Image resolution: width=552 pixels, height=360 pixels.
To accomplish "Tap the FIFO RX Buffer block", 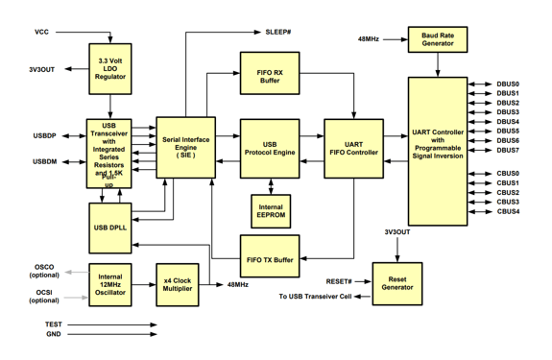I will (x=270, y=74).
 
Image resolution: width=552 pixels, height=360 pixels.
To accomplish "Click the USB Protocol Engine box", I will (x=270, y=149).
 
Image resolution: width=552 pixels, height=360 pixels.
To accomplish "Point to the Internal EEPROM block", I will (x=270, y=209).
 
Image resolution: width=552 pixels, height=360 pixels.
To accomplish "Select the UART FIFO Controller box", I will (x=352, y=149).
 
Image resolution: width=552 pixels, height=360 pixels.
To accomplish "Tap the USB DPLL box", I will (x=110, y=226).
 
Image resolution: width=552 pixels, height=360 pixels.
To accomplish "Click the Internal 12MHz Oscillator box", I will (x=110, y=284).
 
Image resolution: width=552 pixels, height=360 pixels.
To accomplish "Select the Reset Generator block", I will (x=396, y=284).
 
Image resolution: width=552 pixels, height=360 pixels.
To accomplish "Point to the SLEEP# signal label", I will (x=278, y=32).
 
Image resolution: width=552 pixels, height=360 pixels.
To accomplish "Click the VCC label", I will (x=41, y=32).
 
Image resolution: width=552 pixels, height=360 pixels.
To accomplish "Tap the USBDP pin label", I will (x=44, y=135).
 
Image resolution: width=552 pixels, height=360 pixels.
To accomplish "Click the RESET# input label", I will (x=339, y=281).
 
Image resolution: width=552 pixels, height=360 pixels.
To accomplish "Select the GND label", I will (x=54, y=335).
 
